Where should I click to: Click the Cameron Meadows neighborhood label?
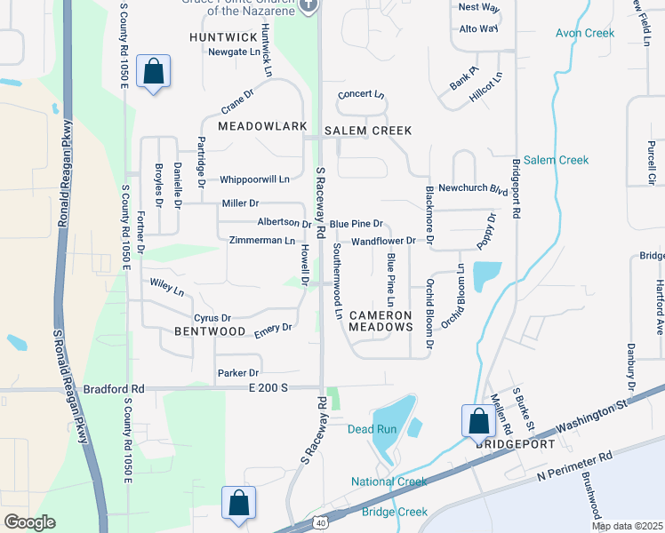point(381,321)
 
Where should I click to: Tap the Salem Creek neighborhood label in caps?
point(367,131)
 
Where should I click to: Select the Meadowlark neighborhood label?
point(256,126)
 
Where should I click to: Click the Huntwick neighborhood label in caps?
point(224,37)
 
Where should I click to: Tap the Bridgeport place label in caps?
point(515,443)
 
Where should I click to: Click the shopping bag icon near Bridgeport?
point(477,421)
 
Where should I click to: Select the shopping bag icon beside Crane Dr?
point(153,73)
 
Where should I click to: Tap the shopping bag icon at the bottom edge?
point(238,503)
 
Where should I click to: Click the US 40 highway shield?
point(318,523)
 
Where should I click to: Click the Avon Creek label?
point(585,33)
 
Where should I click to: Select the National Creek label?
point(389,481)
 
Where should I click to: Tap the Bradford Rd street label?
point(113,388)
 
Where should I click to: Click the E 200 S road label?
point(270,388)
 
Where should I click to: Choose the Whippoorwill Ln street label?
point(254,179)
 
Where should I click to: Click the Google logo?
point(29,522)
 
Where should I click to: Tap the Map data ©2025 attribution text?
point(627,526)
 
